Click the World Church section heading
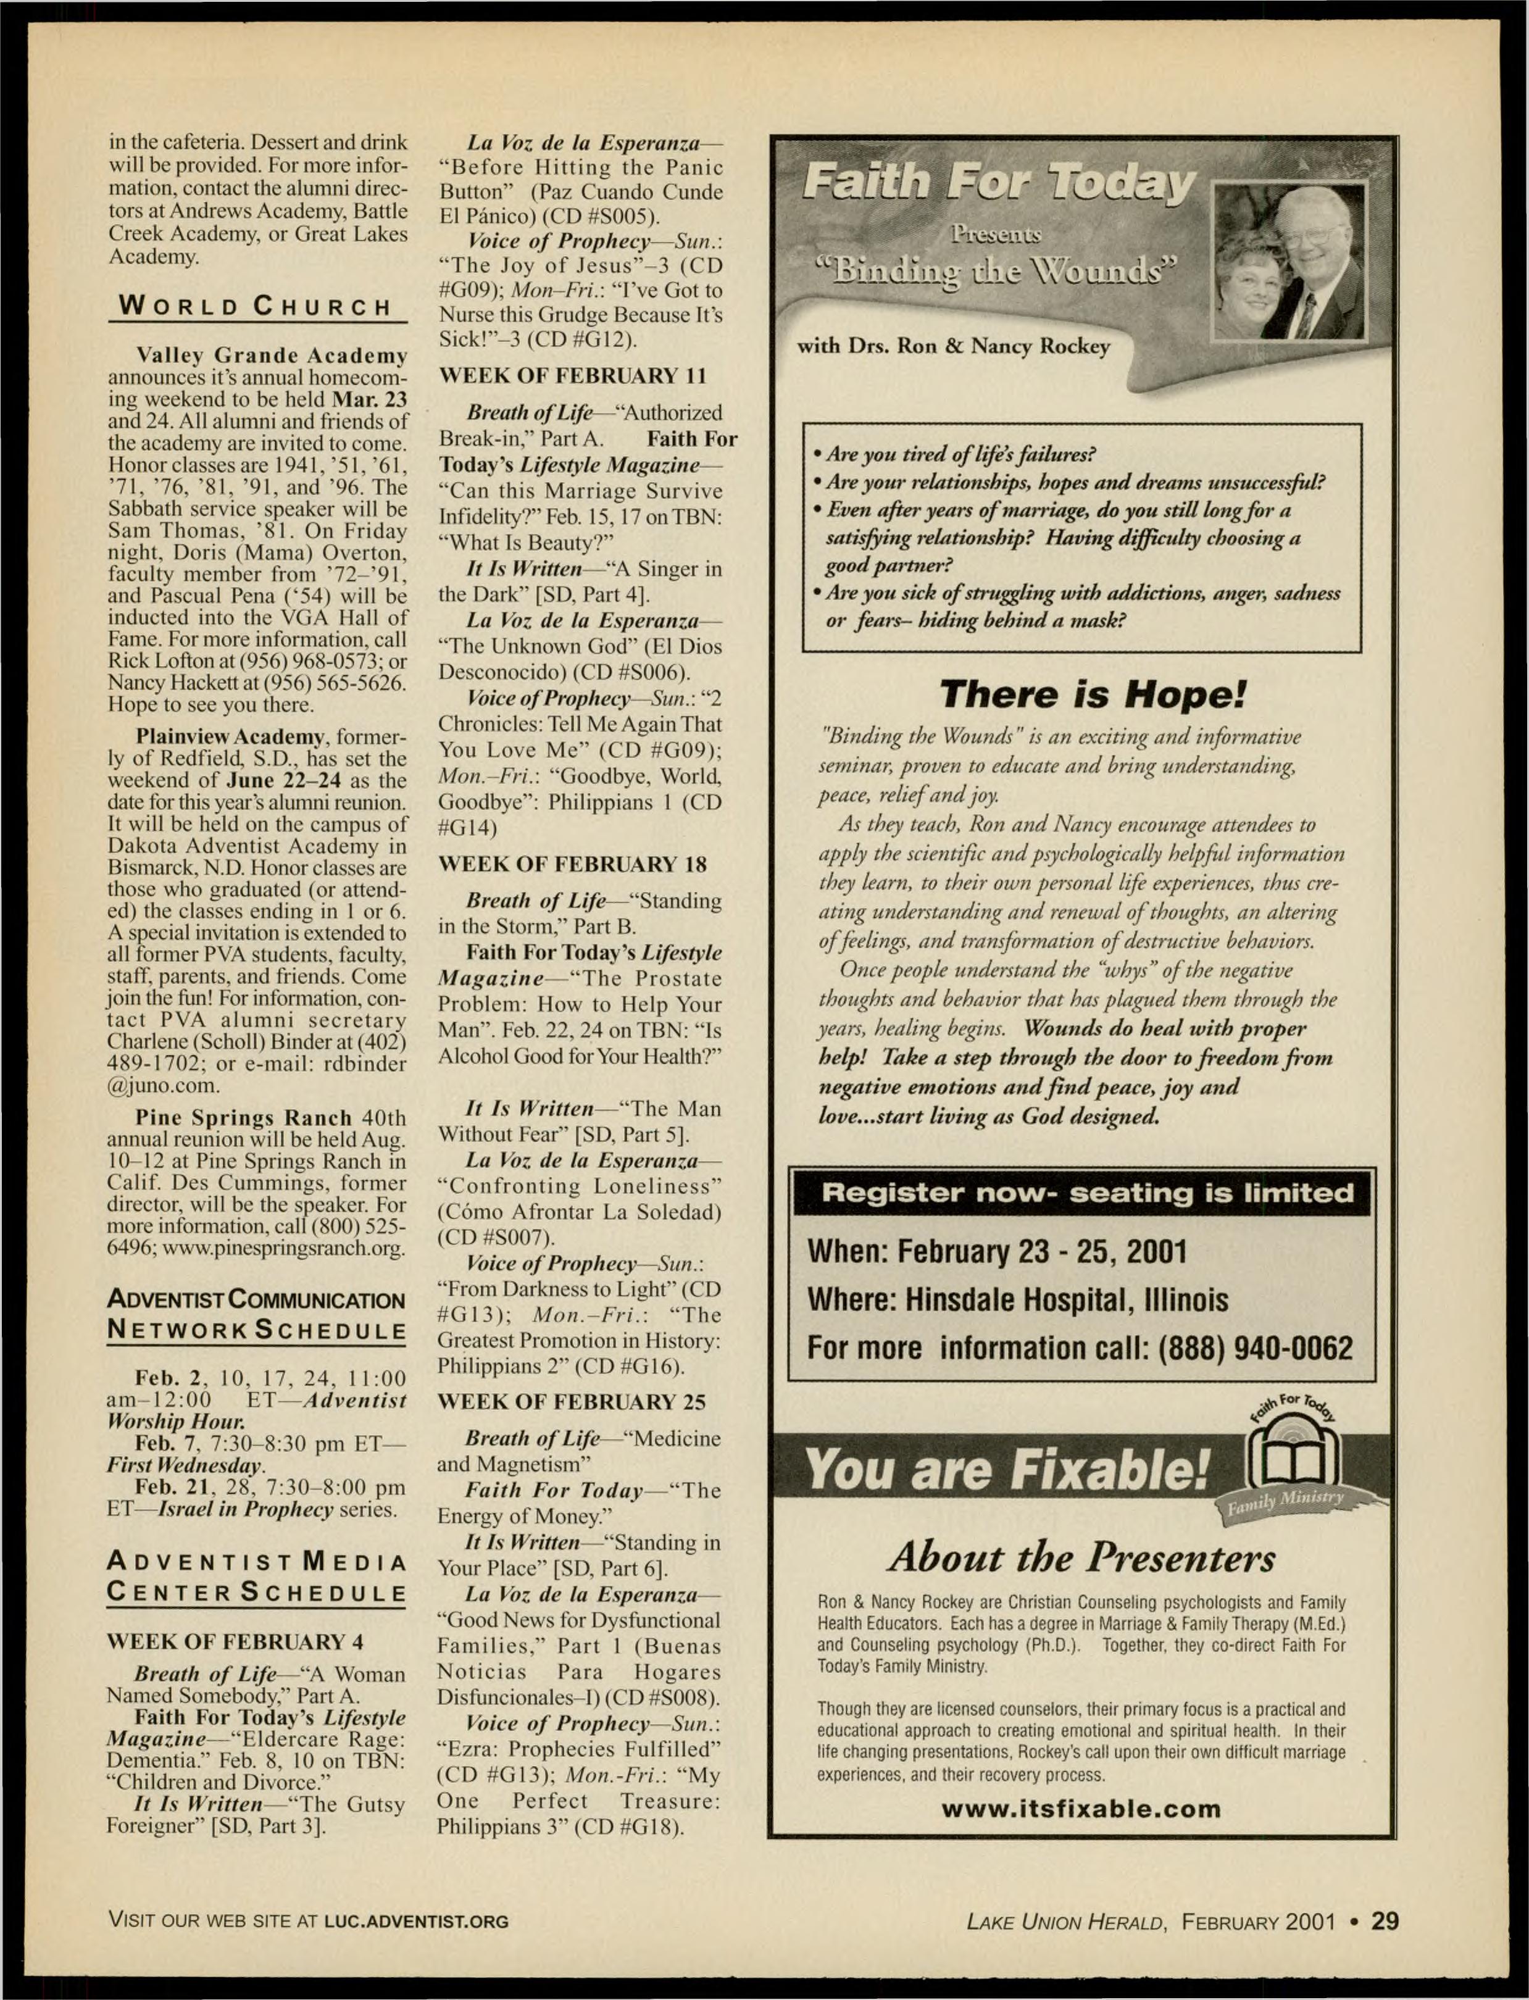click(257, 307)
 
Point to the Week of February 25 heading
click(572, 1402)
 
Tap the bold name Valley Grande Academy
click(271, 355)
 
